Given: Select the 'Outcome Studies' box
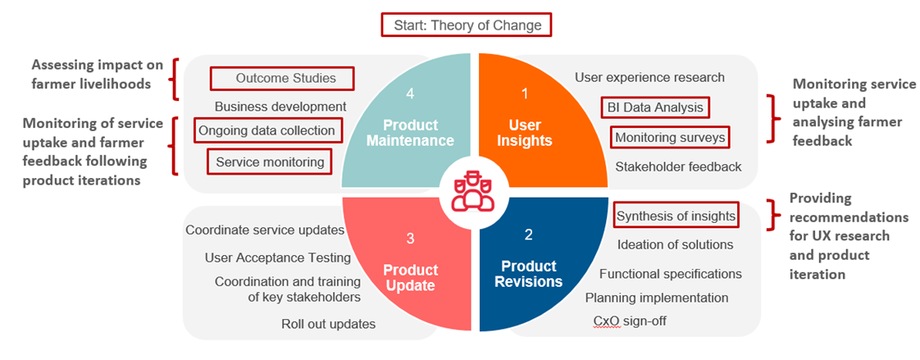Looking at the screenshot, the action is coord(282,78).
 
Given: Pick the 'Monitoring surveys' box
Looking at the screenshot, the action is coord(669,138).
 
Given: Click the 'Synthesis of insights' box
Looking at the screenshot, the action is coord(676,216).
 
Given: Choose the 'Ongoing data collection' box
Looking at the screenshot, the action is coord(267,130).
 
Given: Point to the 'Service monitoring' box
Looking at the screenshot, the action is coord(269,162).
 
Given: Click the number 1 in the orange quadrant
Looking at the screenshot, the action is coord(525,93).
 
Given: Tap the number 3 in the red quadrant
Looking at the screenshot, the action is coord(410,239).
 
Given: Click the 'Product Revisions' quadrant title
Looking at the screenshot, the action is coord(528,273).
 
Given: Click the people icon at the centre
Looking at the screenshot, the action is coord(469,191).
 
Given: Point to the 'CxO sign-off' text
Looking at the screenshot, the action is coord(631,321).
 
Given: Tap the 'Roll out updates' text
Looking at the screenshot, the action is coord(328,324).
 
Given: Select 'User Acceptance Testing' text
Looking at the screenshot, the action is coord(278,257).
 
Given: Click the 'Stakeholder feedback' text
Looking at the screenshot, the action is coord(678,166).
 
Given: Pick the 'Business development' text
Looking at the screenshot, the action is coord(280,107).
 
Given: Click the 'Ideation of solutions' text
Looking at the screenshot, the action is coord(676,244).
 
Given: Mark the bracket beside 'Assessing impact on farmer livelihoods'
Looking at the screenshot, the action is coord(175,78).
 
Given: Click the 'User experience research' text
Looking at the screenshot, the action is coord(649,77).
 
